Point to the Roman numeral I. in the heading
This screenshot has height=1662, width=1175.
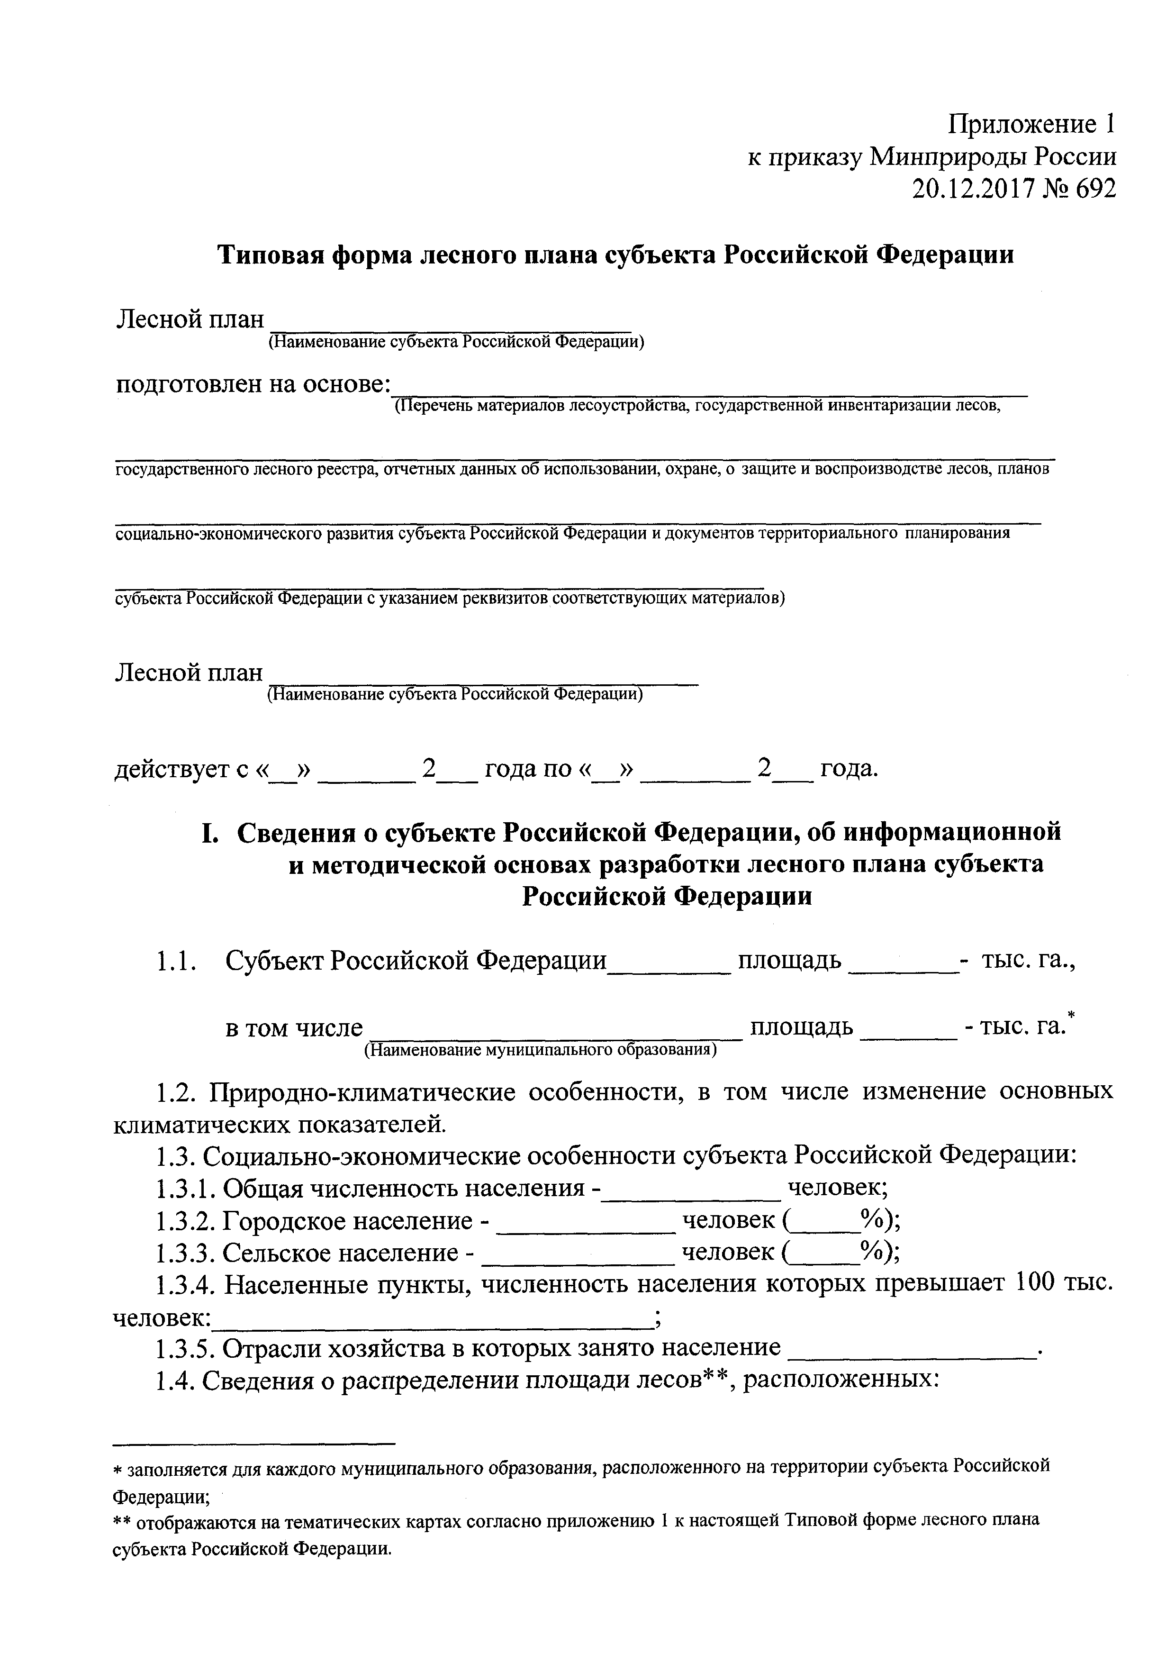coord(209,833)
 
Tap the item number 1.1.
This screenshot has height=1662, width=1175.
coord(176,961)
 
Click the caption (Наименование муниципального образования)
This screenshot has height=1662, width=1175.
coord(541,1050)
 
